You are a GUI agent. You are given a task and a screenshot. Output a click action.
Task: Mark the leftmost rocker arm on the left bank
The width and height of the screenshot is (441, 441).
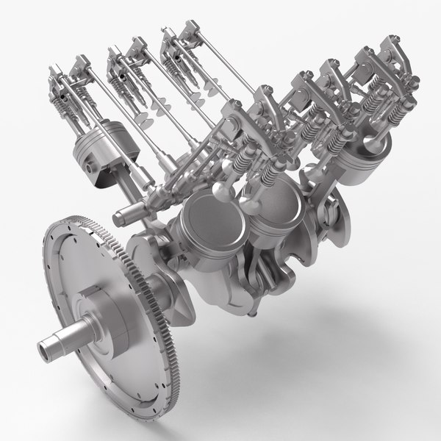62,73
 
